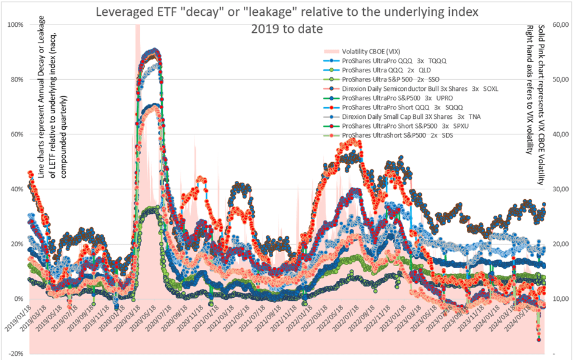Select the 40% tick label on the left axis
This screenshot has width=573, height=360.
coord(15,189)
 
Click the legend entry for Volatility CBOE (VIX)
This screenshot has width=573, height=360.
coord(370,51)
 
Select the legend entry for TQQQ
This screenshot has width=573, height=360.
coord(396,60)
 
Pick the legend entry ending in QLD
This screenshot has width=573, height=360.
coord(387,69)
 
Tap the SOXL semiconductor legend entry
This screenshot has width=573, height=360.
coord(420,88)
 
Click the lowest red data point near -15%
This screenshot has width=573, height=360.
coord(539,339)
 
